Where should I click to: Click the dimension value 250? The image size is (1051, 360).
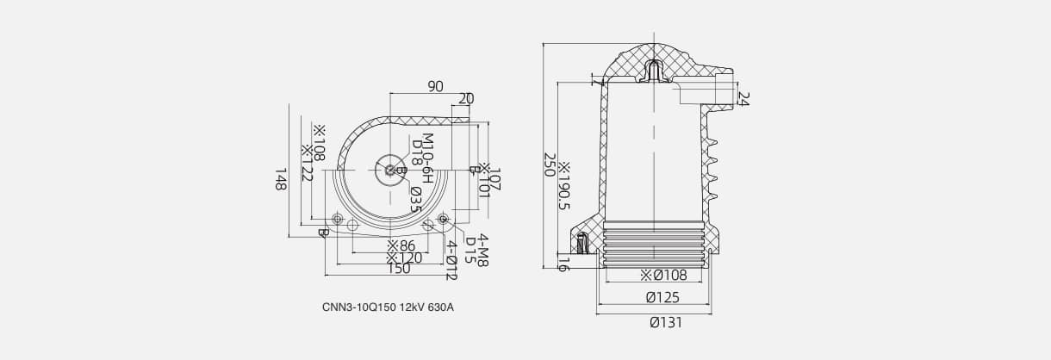click(x=549, y=164)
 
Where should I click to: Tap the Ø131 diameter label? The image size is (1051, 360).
click(x=664, y=322)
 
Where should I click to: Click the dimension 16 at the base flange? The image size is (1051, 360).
click(x=563, y=263)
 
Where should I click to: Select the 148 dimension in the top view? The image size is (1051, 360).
click(x=280, y=180)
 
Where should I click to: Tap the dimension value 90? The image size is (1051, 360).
click(x=435, y=86)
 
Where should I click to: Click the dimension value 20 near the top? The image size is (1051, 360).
click(x=465, y=99)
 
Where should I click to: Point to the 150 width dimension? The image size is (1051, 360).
click(x=398, y=269)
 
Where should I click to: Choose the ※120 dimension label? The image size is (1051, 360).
click(x=403, y=258)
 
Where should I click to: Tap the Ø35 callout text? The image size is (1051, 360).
click(x=415, y=199)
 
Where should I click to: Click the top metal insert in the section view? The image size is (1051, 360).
click(x=655, y=71)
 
